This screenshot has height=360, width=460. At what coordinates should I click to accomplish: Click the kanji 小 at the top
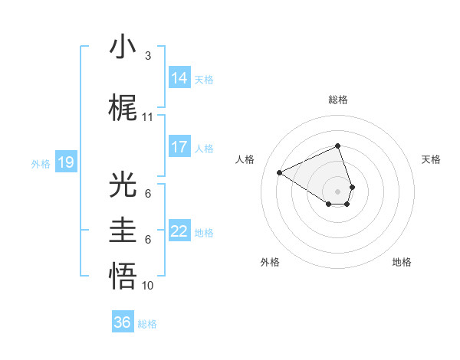pos(123,47)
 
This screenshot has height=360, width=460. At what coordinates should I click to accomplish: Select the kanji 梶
pos(123,108)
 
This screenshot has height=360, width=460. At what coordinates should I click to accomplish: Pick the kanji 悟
pos(123,277)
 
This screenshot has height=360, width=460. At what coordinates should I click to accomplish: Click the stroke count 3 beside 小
pos(147,56)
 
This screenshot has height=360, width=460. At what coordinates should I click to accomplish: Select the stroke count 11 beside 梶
pos(147,117)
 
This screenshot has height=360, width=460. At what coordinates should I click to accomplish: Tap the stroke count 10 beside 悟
pos(147,286)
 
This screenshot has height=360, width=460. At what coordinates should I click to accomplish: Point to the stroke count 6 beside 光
pos(147,194)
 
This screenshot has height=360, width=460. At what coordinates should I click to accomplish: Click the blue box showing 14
pos(179,77)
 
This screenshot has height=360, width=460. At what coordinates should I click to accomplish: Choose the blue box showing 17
pos(179,146)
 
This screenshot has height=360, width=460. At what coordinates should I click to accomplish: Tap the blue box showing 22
pos(179,231)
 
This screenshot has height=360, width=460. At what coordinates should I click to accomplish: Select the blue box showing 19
pos(65,162)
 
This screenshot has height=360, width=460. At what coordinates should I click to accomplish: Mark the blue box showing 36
pos(123,322)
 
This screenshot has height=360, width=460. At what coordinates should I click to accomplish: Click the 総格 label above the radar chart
pos(338,100)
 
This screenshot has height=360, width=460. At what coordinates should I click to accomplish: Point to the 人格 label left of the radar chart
pos(245,159)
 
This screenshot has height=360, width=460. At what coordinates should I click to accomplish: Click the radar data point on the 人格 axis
pos(280,172)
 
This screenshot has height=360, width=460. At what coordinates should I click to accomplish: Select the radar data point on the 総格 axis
pos(338,146)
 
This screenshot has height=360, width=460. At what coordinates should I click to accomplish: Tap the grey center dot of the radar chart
pos(338,190)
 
